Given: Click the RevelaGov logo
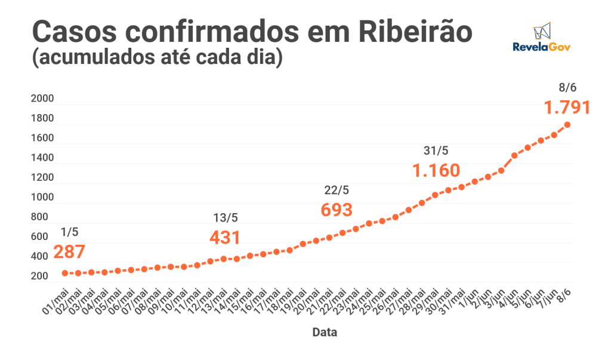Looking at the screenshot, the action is coord(542,37).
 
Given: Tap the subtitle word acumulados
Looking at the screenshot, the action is coord(97,57).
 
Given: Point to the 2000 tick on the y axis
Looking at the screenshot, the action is coord(42,99).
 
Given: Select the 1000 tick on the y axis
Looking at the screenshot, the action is coord(42,197).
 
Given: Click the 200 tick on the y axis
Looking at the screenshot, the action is coord(39,276).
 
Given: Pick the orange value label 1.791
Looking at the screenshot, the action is coord(567,107).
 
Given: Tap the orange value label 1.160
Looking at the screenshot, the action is coord(436,170).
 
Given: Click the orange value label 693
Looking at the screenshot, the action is coord(337,210).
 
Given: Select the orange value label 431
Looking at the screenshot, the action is coord(225,238).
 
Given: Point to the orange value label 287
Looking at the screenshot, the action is coord(69,252).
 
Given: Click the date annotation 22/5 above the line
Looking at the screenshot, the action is coord(337,190).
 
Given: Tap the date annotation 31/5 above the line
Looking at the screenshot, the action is coord(436,150).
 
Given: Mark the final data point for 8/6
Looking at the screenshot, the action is coord(567,125).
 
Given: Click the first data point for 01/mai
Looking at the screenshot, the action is coord(65,273).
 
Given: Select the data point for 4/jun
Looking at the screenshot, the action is coord(514,156).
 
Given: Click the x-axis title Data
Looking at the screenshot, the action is coord(325,333).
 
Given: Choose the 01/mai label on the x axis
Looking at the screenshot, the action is coord(55,301).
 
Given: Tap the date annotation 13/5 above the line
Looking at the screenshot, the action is coord(225,218).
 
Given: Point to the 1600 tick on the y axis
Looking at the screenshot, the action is coord(42,138).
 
